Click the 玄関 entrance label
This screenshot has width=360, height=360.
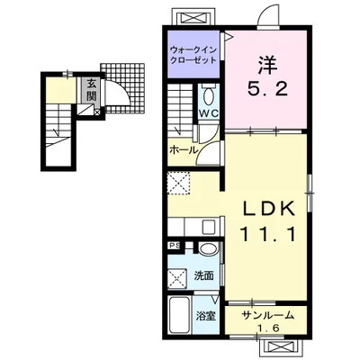click(91, 90)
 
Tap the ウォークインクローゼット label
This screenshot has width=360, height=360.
click(193, 54)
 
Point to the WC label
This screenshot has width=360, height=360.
click(209, 113)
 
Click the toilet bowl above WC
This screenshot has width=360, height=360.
click(208, 96)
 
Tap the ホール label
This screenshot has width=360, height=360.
click(184, 149)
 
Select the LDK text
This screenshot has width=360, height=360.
click(268, 209)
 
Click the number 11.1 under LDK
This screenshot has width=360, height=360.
click(268, 234)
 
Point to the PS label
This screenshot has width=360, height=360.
click(175, 246)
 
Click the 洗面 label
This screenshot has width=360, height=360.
click(203, 275)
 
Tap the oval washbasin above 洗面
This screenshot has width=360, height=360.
click(208, 249)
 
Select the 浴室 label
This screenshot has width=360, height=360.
click(206, 316)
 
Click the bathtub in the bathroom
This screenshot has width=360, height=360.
click(179, 314)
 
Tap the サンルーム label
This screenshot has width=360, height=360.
click(267, 315)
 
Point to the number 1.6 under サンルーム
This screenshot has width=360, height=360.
click(268, 328)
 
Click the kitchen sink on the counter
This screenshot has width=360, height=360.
click(209, 227)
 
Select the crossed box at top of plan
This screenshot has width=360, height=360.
click(193, 17)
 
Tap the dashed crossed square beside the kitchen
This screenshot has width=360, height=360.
click(178, 183)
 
